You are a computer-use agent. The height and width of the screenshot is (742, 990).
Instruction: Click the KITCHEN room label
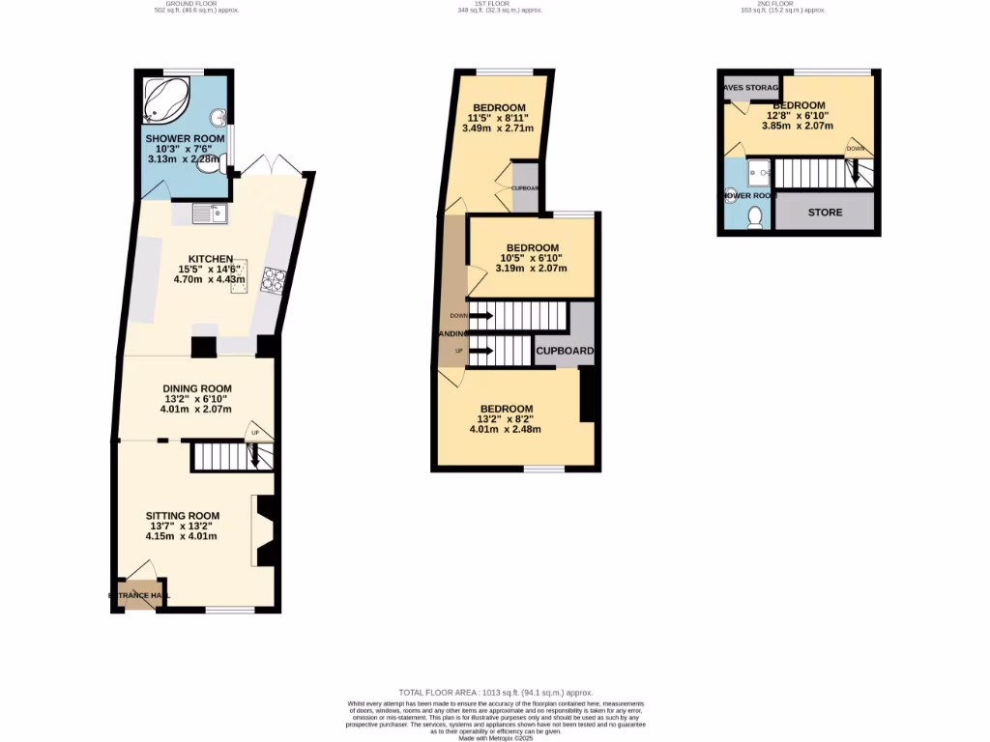pyautogui.click(x=210, y=259)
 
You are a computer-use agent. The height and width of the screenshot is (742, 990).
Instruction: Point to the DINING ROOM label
pyautogui.click(x=196, y=388)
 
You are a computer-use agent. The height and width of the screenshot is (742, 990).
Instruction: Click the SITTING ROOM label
pyautogui.click(x=183, y=515)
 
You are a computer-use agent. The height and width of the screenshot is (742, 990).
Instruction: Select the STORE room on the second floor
pyautogui.click(x=825, y=213)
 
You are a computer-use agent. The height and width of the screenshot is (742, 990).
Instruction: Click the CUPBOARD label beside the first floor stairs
pyautogui.click(x=565, y=351)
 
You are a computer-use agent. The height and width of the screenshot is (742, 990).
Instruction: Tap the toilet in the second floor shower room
pyautogui.click(x=757, y=216)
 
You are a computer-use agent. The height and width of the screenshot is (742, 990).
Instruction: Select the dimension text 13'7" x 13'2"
pyautogui.click(x=182, y=526)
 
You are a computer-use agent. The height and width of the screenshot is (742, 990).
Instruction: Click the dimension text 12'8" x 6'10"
pyautogui.click(x=798, y=116)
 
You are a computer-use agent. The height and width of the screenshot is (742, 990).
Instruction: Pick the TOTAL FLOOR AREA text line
pyautogui.click(x=495, y=693)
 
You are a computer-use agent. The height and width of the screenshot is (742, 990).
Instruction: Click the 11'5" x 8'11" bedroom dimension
pyautogui.click(x=498, y=118)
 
